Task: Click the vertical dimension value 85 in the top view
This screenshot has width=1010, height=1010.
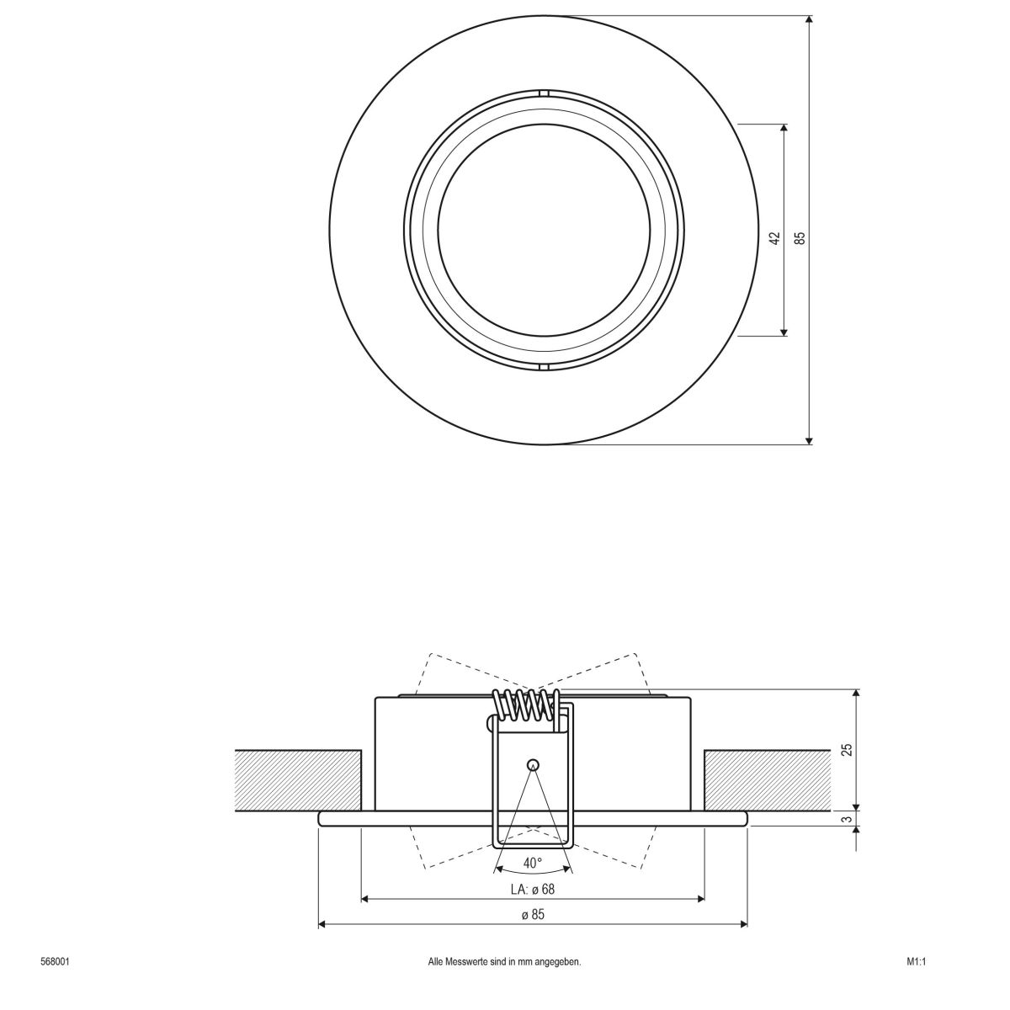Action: pyautogui.click(x=800, y=238)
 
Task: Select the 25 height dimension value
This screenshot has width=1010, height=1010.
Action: pyautogui.click(x=847, y=748)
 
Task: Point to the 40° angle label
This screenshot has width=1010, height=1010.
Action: pyautogui.click(x=532, y=863)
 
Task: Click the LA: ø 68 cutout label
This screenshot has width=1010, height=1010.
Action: pyautogui.click(x=532, y=889)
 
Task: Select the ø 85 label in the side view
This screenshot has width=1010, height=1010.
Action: pyautogui.click(x=532, y=915)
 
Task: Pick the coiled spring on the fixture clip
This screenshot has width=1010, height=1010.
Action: pyautogui.click(x=527, y=704)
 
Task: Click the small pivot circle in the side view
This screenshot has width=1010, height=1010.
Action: pyautogui.click(x=532, y=764)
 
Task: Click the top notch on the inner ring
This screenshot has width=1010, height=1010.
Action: pyautogui.click(x=544, y=93)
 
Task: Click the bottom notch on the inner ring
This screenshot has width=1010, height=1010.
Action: pyautogui.click(x=544, y=367)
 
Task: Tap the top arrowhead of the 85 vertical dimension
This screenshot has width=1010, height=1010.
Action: pyautogui.click(x=809, y=20)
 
